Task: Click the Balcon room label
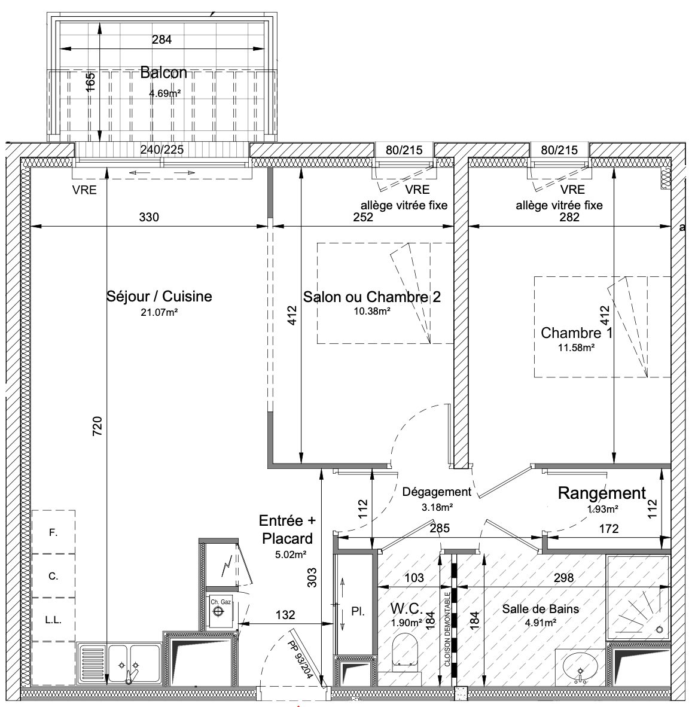point(163,72)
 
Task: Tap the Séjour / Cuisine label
point(159,296)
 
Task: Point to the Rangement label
point(602,493)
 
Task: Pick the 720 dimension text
point(97,426)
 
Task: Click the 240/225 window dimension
point(162,150)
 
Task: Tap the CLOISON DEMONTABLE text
point(447,629)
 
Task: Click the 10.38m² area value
point(371,310)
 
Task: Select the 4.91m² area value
point(540,623)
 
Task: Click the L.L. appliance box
point(53,620)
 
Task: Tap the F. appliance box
point(53,532)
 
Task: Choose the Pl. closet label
point(358,612)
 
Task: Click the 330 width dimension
point(149,217)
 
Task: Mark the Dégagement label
point(437,492)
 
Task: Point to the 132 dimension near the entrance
point(285,614)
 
